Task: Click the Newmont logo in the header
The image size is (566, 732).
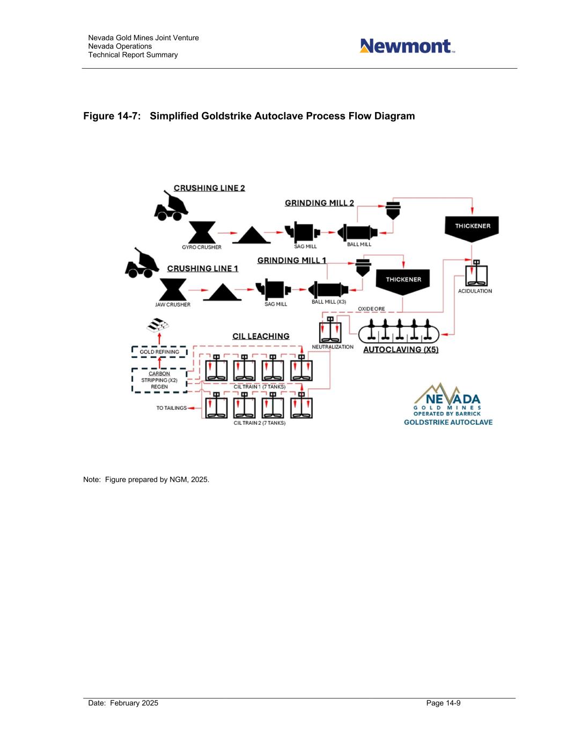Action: [x=407, y=46]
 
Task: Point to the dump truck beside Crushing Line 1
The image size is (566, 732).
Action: [x=141, y=263]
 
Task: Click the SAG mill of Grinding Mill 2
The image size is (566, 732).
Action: [x=303, y=232]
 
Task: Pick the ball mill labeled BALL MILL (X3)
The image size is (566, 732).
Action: [x=329, y=290]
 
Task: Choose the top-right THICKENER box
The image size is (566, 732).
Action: [x=472, y=227]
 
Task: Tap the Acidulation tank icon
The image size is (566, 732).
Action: [x=475, y=274]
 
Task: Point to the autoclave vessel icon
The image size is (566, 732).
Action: [x=399, y=332]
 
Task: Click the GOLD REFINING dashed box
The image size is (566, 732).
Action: [x=159, y=352]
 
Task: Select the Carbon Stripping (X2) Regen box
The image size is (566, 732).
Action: [x=159, y=380]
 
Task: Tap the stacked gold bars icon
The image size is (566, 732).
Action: [x=158, y=325]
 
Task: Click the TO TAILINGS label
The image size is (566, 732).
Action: [x=172, y=408]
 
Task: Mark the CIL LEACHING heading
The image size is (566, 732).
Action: [x=261, y=336]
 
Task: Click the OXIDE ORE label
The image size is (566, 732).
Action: [x=371, y=309]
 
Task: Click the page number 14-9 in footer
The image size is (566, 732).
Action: [x=444, y=703]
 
